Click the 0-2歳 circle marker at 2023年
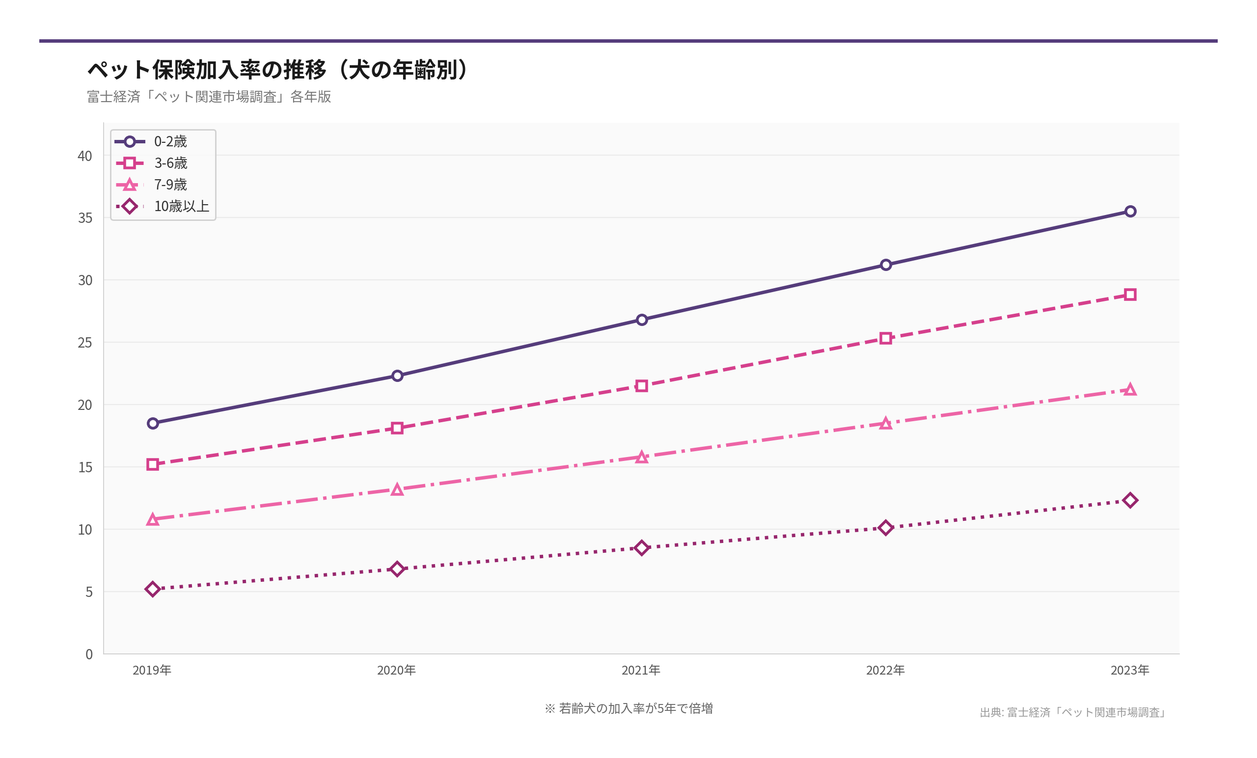tap(1130, 211)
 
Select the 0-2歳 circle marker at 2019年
tap(153, 423)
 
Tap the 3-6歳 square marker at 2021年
tap(642, 386)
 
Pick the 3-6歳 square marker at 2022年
tap(886, 338)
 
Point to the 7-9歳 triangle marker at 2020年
tap(397, 489)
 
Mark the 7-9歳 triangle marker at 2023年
tap(1130, 390)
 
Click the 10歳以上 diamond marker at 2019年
tap(153, 589)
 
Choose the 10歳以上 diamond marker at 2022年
tap(886, 527)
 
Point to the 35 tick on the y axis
tap(85, 218)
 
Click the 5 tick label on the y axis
tap(89, 592)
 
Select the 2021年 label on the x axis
tap(641, 670)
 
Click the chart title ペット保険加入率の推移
tap(278, 69)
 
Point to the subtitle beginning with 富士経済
tap(209, 96)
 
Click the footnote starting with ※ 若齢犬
tap(628, 708)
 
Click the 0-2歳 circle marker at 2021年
tap(642, 320)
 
